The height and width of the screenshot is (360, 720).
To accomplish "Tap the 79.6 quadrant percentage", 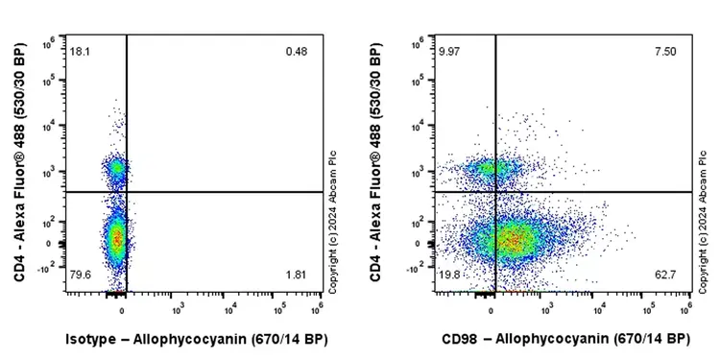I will click(x=79, y=276).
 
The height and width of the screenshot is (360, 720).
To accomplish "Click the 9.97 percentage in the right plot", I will click(x=448, y=50).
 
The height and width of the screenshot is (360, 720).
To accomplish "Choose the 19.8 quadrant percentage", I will click(x=448, y=276).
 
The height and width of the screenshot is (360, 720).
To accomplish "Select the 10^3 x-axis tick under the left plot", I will click(x=178, y=309).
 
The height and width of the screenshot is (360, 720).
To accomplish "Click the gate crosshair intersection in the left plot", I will click(x=127, y=192).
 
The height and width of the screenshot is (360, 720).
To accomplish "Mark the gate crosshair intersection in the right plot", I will click(x=495, y=192).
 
